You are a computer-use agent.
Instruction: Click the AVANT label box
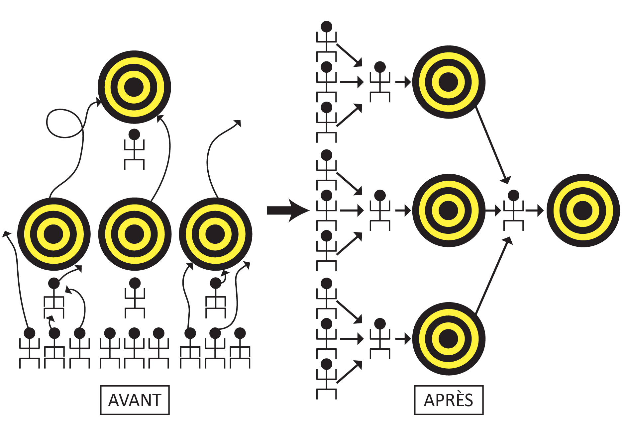point(135,400)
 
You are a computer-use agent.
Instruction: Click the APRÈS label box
point(449,400)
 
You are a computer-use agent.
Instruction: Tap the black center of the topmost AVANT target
point(134,87)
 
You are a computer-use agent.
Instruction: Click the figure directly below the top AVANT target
point(134,149)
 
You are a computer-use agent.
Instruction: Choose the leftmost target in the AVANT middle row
point(54,234)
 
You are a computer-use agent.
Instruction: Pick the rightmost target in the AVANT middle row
point(215,234)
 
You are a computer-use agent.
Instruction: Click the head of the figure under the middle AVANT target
point(135,283)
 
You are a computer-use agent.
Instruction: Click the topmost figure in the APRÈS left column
point(327,42)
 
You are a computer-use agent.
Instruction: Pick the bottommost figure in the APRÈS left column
point(327,379)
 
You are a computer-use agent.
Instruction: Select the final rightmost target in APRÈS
point(583,210)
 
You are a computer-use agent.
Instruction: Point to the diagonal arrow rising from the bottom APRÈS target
point(492,276)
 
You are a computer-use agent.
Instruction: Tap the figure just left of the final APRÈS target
point(513,210)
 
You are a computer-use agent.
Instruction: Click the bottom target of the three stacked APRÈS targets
point(449,339)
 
